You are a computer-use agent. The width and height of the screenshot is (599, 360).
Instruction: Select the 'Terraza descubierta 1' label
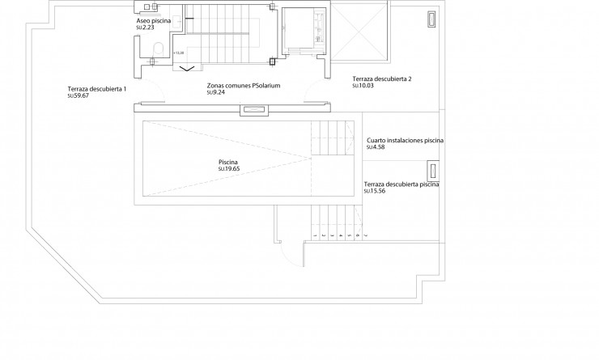coord(97,88)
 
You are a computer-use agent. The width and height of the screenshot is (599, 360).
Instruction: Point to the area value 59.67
coord(79,95)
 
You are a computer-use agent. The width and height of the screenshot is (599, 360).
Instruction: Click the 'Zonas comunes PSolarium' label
coord(244,85)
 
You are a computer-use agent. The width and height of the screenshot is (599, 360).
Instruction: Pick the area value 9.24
coord(217,92)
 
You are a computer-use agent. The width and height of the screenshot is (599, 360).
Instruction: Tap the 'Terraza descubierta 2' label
coord(382,78)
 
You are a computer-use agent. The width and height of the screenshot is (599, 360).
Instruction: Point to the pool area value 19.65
coord(229,169)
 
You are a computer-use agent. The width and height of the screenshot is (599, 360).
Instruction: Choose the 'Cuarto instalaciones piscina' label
coord(406,140)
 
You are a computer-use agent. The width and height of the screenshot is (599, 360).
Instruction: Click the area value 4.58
coord(376,147)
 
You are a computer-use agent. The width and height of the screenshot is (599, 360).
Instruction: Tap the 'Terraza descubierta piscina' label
coord(401,184)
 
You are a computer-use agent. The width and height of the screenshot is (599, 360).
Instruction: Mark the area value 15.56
coord(375,192)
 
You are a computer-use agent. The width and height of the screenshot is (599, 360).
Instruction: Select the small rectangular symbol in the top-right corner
coord(431,19)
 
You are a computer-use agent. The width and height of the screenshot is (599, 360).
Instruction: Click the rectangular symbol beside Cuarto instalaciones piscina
coord(433,171)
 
